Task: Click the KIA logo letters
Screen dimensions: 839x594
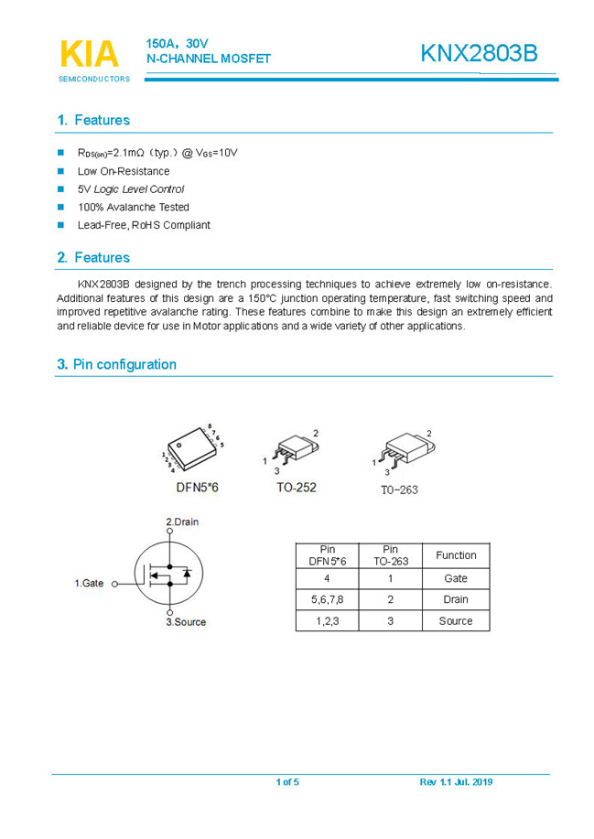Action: tap(89, 54)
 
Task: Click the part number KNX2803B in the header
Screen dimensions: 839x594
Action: tap(479, 54)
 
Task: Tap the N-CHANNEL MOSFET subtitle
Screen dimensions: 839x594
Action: tap(209, 59)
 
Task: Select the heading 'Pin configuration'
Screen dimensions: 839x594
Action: tap(124, 364)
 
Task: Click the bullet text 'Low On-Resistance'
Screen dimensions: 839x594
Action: tap(124, 171)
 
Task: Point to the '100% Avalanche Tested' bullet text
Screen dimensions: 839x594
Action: tap(134, 207)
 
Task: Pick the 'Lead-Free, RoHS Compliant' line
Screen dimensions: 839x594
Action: tap(144, 225)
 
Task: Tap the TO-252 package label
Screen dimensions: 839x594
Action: tap(297, 488)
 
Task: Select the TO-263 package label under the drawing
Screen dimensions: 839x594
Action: tap(399, 489)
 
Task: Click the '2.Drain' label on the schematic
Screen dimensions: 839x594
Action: tap(182, 522)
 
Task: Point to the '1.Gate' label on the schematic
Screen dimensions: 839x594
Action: tap(89, 583)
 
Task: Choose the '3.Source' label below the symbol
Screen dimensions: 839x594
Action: tap(186, 622)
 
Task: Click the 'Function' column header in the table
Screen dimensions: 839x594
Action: tap(456, 555)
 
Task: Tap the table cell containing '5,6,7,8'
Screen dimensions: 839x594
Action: tap(327, 599)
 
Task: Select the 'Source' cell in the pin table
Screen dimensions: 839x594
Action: tap(456, 620)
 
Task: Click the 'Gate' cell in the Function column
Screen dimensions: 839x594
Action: tap(456, 578)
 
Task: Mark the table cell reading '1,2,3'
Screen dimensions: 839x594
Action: tap(327, 620)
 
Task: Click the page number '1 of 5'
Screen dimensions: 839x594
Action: tap(287, 782)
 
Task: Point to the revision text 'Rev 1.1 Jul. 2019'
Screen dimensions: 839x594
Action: tap(456, 782)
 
